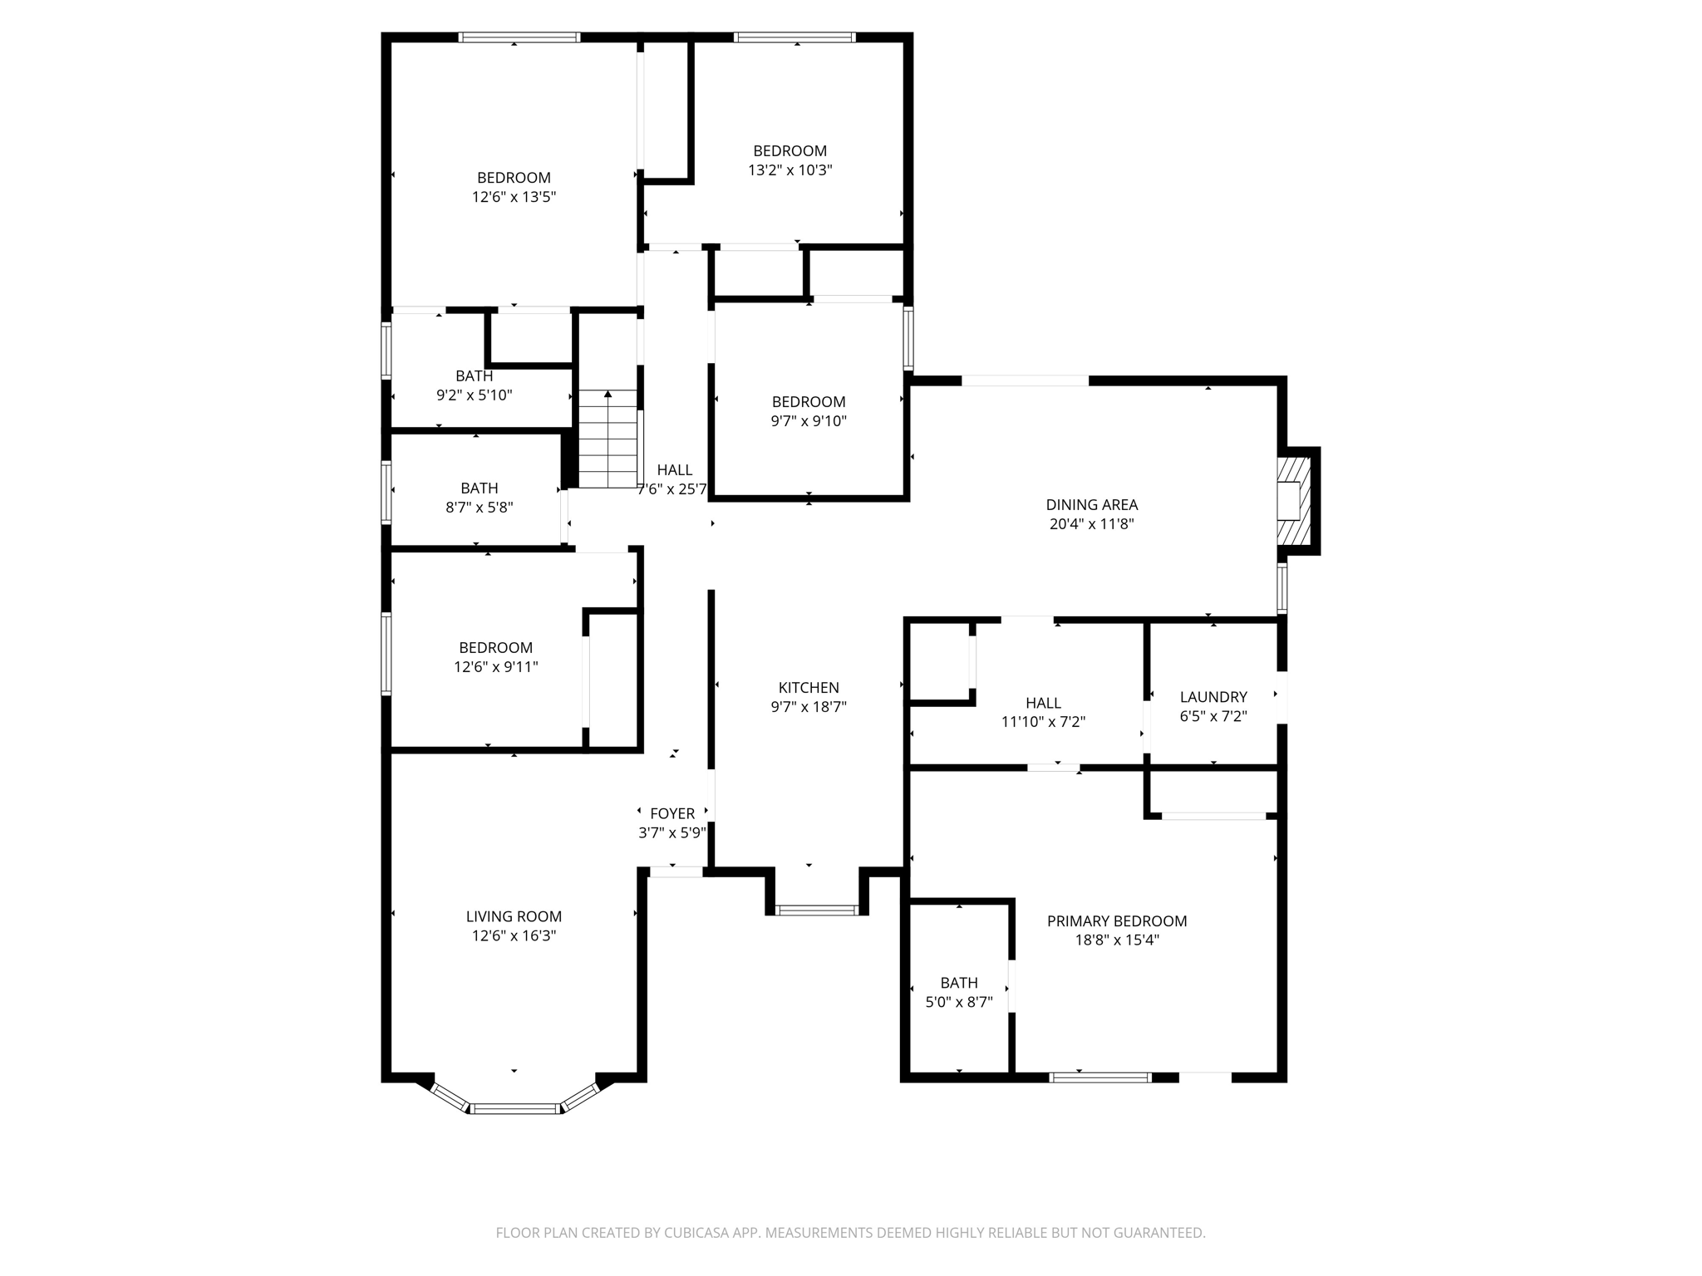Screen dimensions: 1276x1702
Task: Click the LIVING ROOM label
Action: point(514,916)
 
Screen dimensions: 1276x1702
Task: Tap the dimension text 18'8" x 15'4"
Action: point(1116,940)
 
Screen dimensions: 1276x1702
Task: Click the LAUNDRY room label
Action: point(1213,697)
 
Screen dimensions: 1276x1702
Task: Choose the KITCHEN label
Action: point(809,687)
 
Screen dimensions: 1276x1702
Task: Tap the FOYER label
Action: point(672,813)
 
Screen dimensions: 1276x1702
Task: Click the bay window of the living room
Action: point(514,1107)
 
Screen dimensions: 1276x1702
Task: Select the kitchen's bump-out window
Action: point(816,910)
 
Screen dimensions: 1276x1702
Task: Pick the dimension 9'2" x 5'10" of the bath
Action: point(474,395)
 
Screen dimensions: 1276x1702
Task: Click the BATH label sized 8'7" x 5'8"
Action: point(480,488)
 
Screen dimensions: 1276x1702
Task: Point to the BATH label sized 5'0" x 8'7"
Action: point(959,983)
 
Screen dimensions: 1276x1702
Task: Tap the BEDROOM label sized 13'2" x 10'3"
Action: point(790,150)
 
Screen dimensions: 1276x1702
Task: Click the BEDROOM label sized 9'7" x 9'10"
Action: point(808,401)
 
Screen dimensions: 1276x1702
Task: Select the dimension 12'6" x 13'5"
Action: point(514,197)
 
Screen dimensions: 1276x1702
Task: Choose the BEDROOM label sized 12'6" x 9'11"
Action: point(495,647)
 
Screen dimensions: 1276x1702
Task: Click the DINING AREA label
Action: point(1091,504)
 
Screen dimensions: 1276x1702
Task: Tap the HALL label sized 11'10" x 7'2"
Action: point(1043,703)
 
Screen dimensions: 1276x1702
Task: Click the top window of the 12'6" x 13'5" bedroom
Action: point(519,37)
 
